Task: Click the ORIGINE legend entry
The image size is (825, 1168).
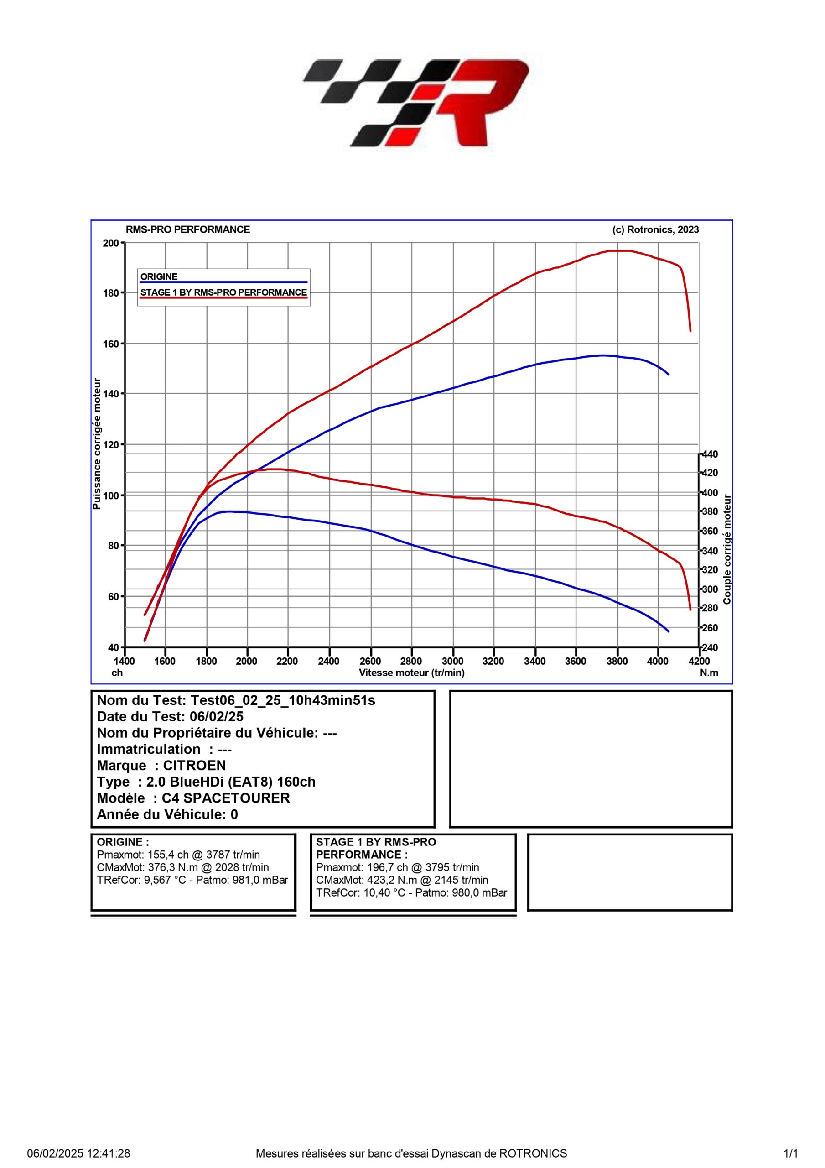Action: (x=159, y=277)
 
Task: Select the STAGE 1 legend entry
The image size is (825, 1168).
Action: (x=223, y=292)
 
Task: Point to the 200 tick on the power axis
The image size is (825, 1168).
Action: (x=111, y=243)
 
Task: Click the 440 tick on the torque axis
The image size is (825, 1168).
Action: (x=710, y=454)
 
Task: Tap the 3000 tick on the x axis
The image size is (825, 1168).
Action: (x=452, y=661)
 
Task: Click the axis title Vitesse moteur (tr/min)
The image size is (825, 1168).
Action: (x=411, y=673)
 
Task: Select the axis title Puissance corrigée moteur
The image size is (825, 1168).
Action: (x=97, y=443)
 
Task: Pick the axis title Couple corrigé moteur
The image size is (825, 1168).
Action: (x=727, y=549)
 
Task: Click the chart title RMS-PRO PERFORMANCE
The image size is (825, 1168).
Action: (x=188, y=229)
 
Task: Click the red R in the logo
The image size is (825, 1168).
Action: (x=478, y=102)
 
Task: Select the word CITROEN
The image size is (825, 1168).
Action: (x=194, y=766)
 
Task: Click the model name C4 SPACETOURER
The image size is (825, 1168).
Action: (x=226, y=798)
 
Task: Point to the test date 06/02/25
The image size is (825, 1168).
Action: (x=217, y=717)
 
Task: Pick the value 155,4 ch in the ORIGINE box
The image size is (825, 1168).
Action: (x=168, y=855)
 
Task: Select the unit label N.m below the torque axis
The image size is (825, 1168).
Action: (x=709, y=673)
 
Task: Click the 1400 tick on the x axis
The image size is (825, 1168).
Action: (x=124, y=661)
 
